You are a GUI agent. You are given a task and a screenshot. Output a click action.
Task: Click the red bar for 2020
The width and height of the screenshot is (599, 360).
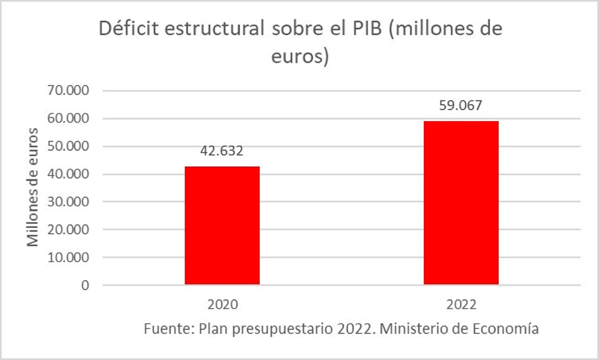(222, 225)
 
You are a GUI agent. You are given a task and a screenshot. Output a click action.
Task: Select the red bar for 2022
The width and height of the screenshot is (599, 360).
(461, 203)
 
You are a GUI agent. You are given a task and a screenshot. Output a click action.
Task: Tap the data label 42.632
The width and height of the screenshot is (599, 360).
(222, 151)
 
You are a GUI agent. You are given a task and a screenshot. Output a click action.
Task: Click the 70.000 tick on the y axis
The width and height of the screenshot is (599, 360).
(68, 90)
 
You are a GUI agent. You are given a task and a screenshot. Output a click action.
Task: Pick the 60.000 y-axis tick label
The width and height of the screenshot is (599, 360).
(68, 119)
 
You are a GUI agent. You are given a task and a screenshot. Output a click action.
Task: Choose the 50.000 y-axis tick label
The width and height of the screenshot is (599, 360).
(68, 146)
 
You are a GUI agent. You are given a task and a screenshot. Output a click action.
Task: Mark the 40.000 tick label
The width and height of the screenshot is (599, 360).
(68, 174)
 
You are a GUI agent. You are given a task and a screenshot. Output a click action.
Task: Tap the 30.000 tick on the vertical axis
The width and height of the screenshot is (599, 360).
(68, 202)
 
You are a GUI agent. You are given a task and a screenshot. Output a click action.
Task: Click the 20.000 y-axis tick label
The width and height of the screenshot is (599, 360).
(68, 229)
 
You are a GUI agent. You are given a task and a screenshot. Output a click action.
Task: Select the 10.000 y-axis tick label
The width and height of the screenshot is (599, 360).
(68, 258)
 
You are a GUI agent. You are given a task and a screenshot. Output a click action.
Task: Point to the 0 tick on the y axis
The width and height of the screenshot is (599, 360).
(85, 285)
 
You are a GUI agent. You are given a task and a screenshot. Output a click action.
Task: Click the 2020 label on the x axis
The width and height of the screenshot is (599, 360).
(223, 305)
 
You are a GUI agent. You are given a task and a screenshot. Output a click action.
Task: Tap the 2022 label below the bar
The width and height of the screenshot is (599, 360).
(461, 305)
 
